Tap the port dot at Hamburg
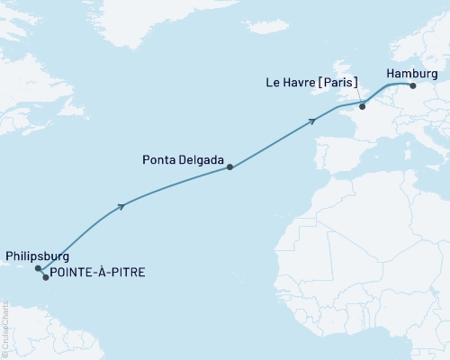(x=411, y=86)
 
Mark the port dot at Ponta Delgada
(x=230, y=166)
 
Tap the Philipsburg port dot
(x=38, y=268)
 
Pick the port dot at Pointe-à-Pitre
(x=46, y=277)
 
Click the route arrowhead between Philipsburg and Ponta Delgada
(x=121, y=206)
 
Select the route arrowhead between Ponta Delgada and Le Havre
(x=312, y=120)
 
